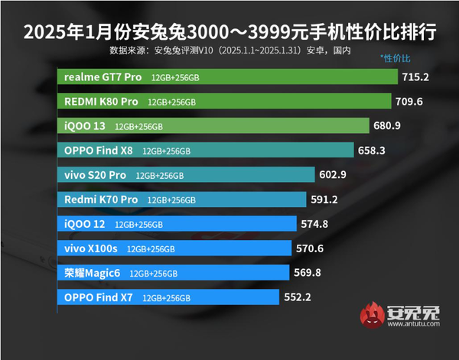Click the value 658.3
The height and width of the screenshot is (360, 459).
pos(372,151)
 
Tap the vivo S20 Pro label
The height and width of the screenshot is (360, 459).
pos(95,175)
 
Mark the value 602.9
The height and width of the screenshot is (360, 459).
pos(333,175)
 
